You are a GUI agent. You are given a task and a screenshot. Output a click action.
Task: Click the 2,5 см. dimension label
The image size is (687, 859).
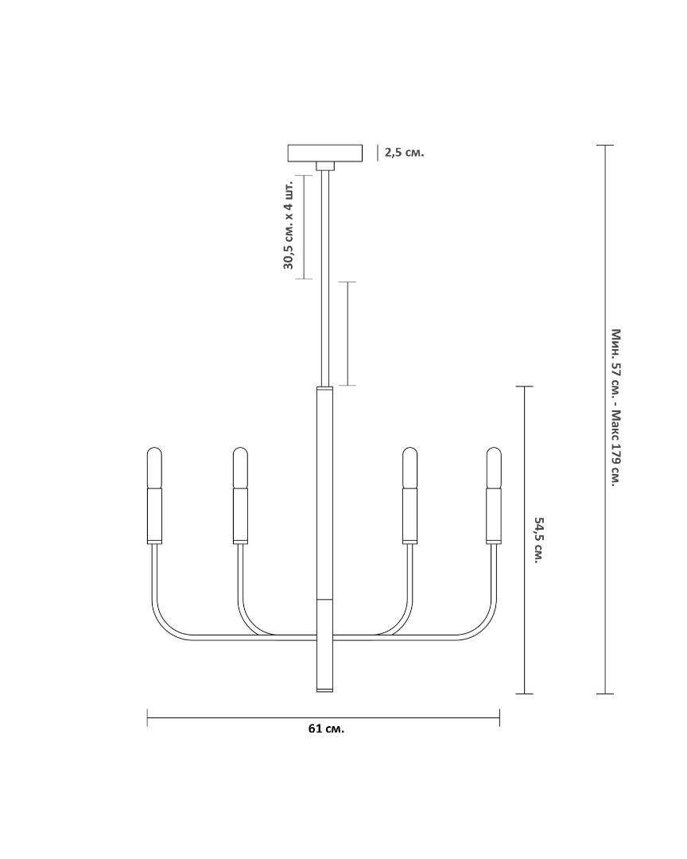pyautogui.click(x=404, y=152)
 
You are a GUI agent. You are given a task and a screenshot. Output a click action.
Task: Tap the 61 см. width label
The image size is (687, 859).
pyautogui.click(x=327, y=729)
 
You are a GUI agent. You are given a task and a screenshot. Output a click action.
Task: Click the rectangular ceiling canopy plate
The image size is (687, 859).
pyautogui.click(x=325, y=153)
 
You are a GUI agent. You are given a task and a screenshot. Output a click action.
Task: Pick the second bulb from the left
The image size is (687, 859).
pyautogui.click(x=240, y=468)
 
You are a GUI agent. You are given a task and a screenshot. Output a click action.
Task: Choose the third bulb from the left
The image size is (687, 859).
pyautogui.click(x=409, y=468)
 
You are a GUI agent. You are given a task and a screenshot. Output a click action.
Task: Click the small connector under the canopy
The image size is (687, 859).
pyautogui.click(x=325, y=166)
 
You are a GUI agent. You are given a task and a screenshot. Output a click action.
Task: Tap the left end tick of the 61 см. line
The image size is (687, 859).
pyautogui.click(x=147, y=717)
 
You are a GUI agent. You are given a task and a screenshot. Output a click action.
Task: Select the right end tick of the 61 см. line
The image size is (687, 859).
pyautogui.click(x=499, y=717)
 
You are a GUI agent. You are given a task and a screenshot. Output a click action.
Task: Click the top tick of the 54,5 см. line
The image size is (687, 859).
pyautogui.click(x=525, y=387)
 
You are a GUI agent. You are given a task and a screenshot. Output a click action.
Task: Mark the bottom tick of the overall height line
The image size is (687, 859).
pyautogui.click(x=605, y=694)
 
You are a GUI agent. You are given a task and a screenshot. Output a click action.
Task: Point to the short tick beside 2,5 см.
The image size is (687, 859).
pyautogui.click(x=378, y=153)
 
